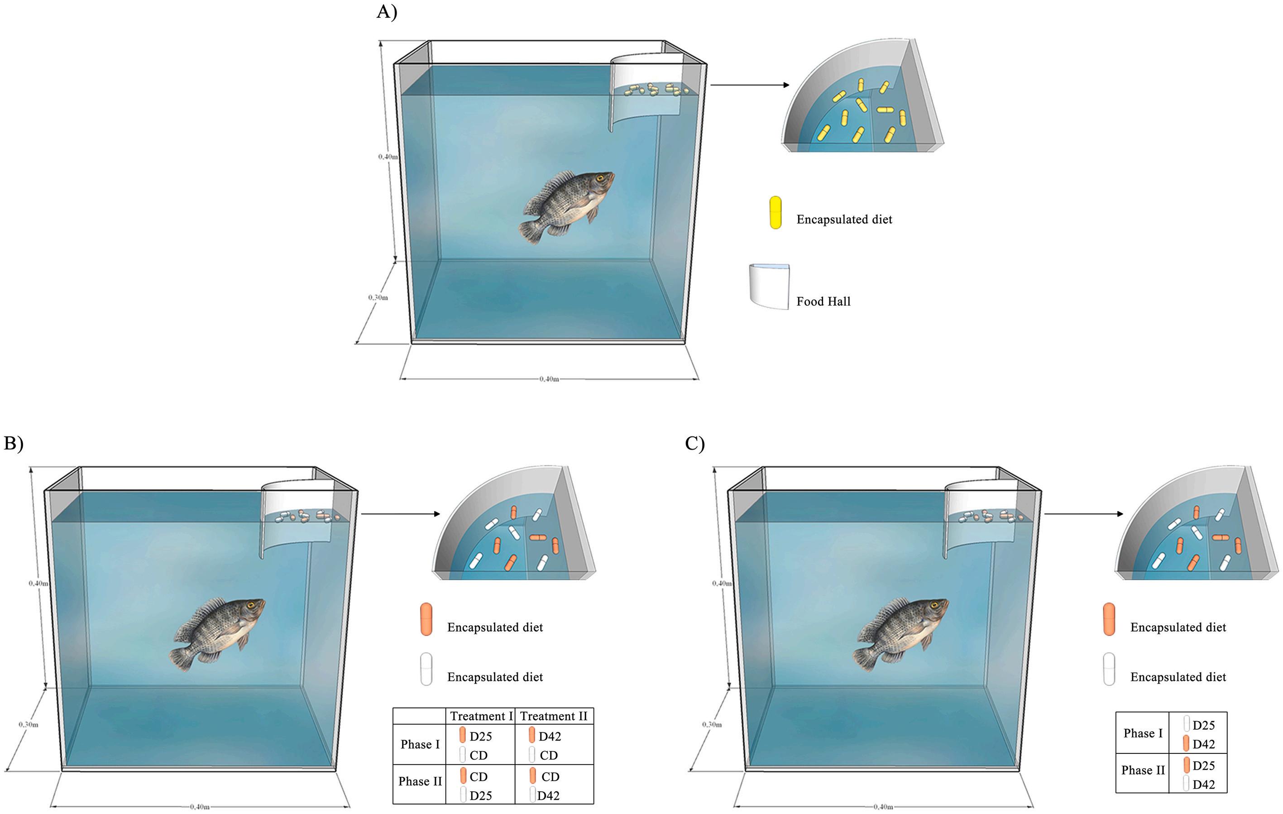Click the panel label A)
click(387, 12)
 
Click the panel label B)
click(13, 443)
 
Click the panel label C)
click(695, 443)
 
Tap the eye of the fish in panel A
click(600, 178)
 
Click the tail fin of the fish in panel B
click(182, 658)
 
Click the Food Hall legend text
click(823, 302)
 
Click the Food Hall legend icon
click(769, 286)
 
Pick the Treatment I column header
click(481, 716)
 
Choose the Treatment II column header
click(554, 716)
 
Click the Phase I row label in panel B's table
click(420, 744)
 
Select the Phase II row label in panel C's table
click(1142, 771)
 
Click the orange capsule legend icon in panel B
click(426, 619)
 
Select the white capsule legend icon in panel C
click(1109, 669)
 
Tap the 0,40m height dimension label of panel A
click(388, 157)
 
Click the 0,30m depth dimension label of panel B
click(28, 724)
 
